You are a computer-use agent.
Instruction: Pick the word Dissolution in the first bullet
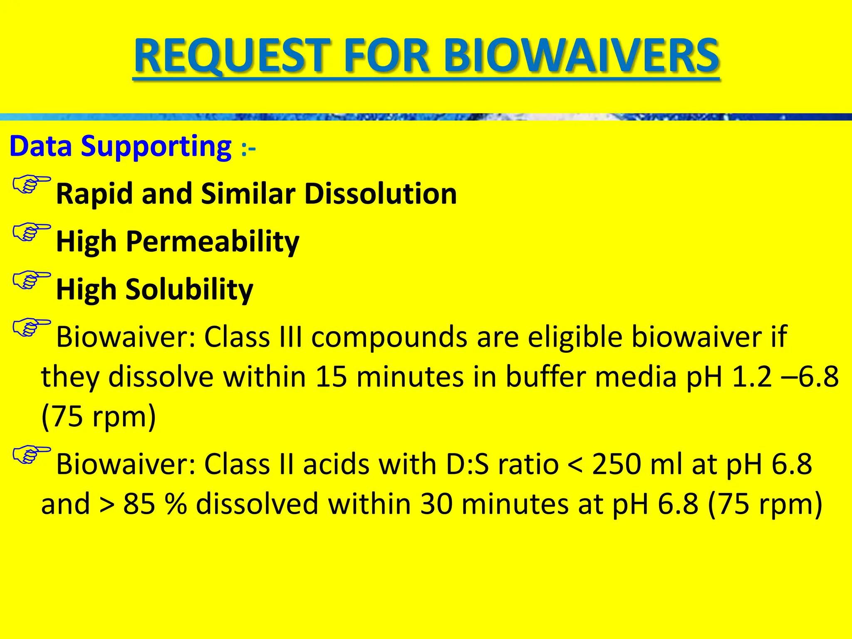(x=380, y=194)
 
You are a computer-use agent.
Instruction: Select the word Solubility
(x=189, y=289)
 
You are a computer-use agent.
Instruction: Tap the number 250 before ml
(x=616, y=464)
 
